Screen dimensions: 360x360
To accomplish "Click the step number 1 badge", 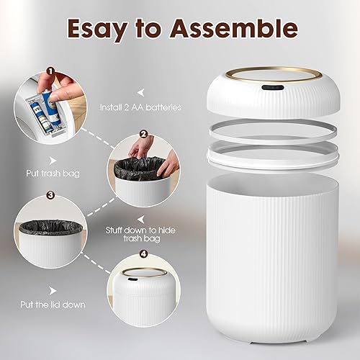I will click(50, 71).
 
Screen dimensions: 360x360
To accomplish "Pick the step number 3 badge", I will click(50, 194).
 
